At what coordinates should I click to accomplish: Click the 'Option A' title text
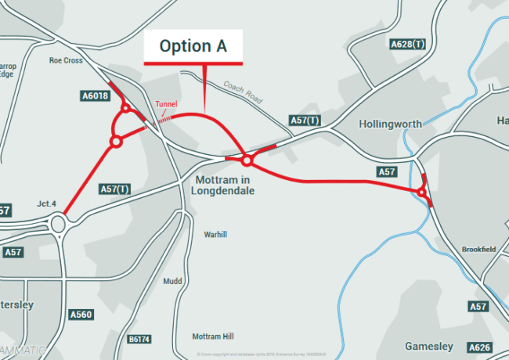pos(193,46)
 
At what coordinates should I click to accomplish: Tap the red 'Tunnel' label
pos(166,104)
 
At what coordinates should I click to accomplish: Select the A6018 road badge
pos(95,96)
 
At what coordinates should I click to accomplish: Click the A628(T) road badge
pos(409,45)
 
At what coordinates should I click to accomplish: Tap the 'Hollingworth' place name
pos(390,124)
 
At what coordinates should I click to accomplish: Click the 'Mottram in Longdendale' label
pos(224,185)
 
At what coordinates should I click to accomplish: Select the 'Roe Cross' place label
pos(66,59)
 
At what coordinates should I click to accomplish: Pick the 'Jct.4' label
pos(46,204)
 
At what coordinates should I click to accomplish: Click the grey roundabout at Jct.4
pos(59,224)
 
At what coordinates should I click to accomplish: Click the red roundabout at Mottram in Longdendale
pos(247,161)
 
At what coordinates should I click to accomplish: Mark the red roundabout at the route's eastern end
pos(421,192)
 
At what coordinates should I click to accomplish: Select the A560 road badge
pos(81,315)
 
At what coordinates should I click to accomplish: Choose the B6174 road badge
pos(139,339)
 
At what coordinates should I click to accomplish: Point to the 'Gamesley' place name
pos(428,346)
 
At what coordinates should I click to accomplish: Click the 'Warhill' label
pos(215,234)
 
